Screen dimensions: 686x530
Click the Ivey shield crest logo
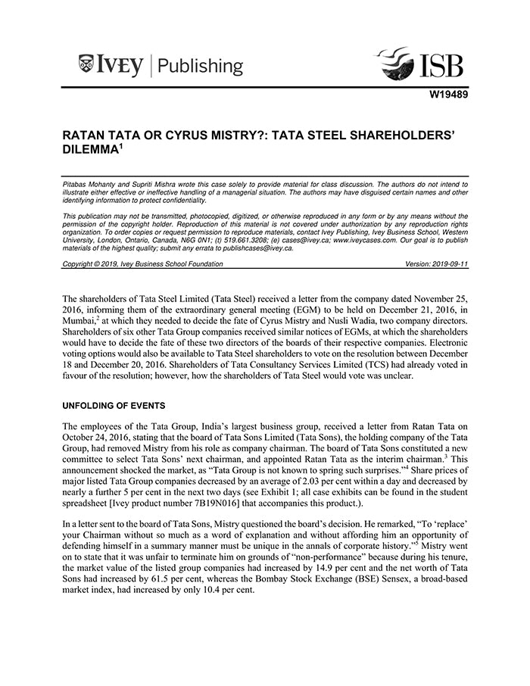click(86, 65)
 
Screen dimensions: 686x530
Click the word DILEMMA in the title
click(89, 151)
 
